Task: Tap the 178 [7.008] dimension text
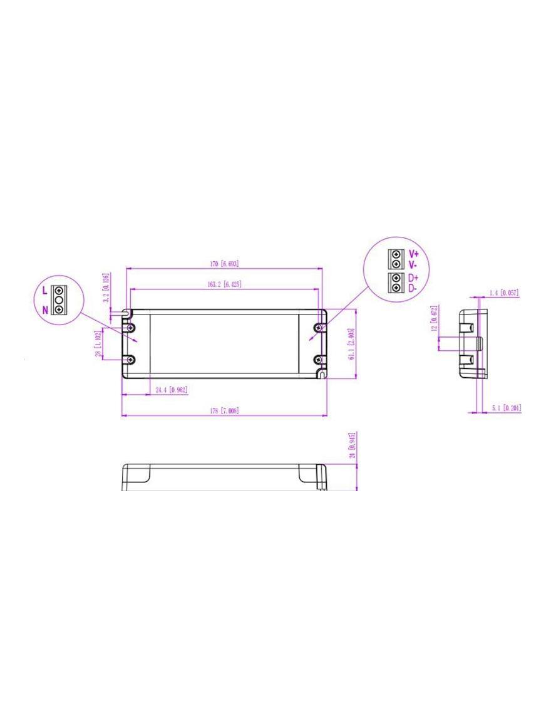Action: coord(224,411)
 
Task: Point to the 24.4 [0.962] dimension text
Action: coord(171,390)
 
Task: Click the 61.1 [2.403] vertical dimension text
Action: coord(352,344)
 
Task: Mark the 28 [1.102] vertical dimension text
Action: coord(98,344)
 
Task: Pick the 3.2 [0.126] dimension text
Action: coord(106,288)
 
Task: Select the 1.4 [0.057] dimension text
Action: coord(503,293)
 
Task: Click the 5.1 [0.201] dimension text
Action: coord(506,408)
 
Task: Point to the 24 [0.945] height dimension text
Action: coord(352,445)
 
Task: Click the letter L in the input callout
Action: coord(44,291)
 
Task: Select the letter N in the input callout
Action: coord(44,309)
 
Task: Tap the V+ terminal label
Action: coord(413,254)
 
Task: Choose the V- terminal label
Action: coord(413,264)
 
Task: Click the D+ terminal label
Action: coord(413,278)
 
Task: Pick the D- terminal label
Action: coord(413,288)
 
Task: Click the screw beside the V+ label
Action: coord(396,255)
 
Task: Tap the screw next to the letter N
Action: coord(59,309)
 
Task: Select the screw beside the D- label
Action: coord(396,288)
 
